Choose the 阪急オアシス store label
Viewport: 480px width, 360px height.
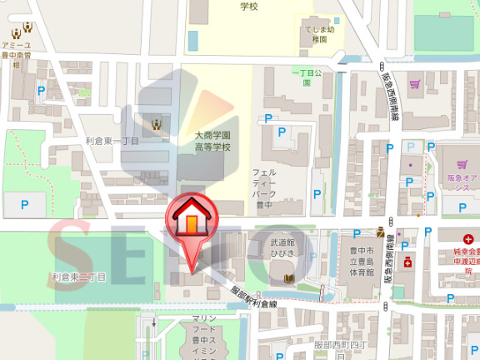tap(461, 182)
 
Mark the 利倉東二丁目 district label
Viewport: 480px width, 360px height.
tap(78, 276)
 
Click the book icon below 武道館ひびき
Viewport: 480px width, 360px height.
tap(289, 277)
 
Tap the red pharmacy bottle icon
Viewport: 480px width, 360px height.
tap(408, 262)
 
